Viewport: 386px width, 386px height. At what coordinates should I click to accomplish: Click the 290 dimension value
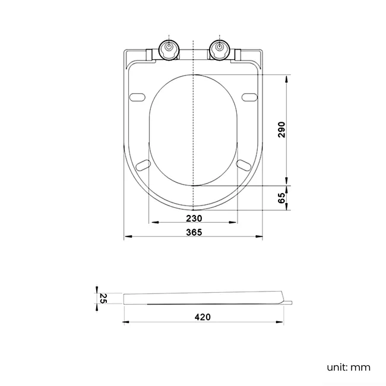[281, 129]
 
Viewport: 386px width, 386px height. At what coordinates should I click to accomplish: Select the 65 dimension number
[281, 198]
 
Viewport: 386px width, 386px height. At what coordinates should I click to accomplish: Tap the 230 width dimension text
[194, 218]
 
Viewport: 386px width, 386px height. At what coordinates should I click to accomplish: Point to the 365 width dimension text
[194, 232]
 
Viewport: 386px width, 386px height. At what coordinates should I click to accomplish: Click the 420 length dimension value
[203, 317]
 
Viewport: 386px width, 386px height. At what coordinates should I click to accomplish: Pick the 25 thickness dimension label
[103, 298]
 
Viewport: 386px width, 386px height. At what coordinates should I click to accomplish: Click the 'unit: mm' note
[348, 367]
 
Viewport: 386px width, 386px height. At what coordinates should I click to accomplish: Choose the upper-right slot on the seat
[250, 97]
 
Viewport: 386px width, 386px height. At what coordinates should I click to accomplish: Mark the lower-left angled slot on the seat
[143, 163]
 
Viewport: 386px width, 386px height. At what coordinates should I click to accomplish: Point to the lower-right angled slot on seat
[244, 163]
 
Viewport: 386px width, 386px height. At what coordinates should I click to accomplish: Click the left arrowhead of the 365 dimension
[126, 238]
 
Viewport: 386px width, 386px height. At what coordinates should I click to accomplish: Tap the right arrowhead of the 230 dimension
[236, 223]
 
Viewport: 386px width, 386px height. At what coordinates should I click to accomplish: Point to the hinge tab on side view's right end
[288, 303]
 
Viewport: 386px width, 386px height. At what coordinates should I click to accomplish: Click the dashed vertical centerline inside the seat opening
[194, 131]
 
